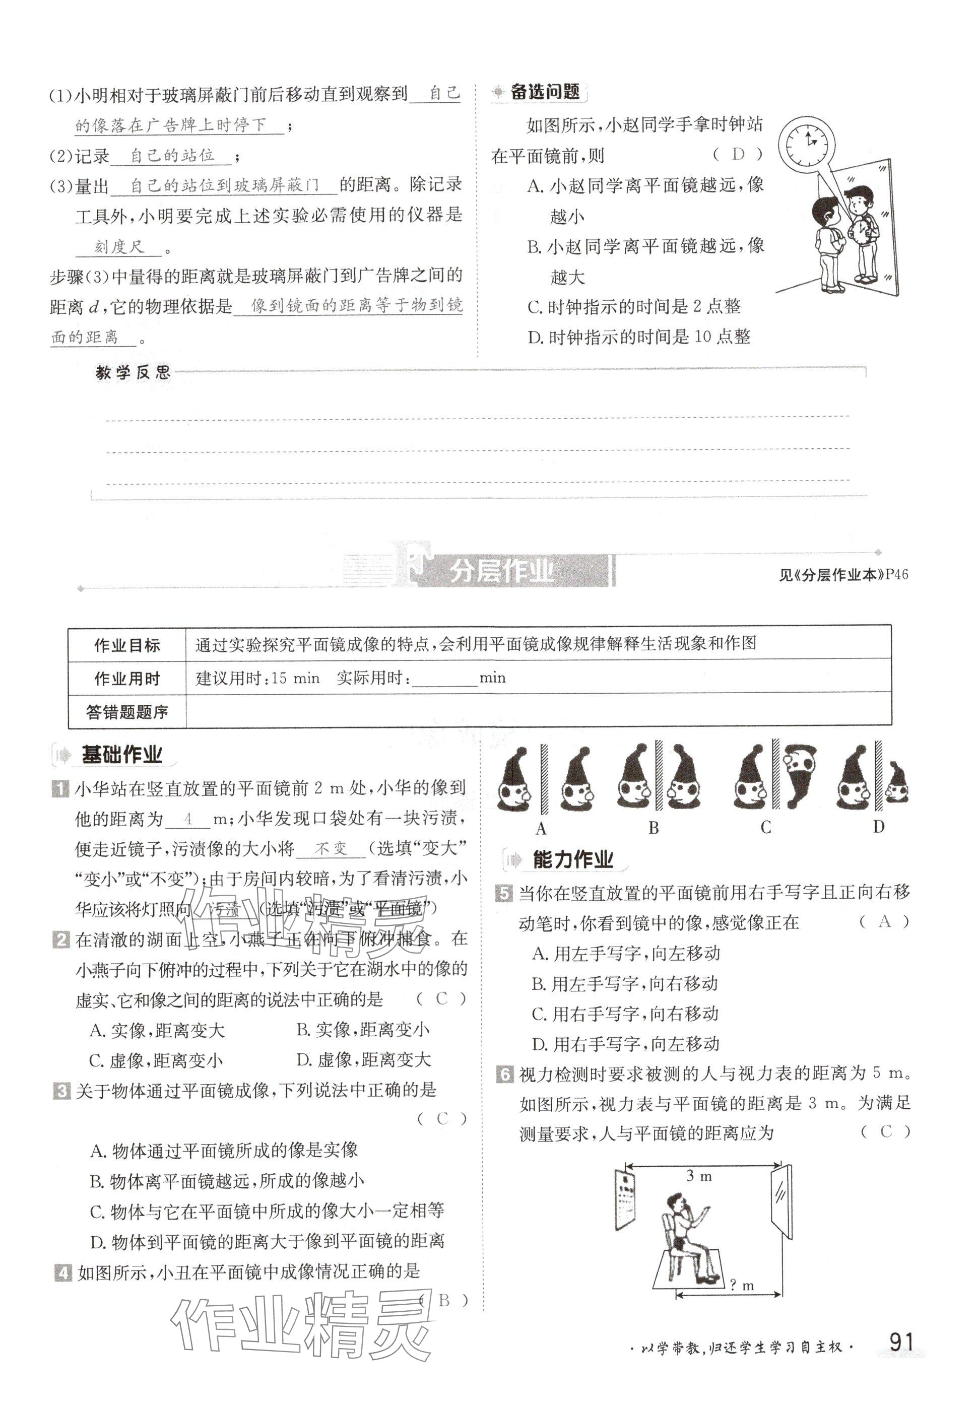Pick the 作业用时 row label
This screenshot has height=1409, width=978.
(127, 678)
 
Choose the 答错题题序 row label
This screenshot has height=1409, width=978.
(127, 712)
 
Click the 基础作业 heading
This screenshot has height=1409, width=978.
(121, 755)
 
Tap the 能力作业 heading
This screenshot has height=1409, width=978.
(572, 860)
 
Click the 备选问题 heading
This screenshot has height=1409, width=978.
(545, 93)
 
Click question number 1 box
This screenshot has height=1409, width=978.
(60, 788)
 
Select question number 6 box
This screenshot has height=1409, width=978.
(504, 1075)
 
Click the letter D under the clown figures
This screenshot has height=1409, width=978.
(878, 827)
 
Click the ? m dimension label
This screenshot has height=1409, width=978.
(742, 1285)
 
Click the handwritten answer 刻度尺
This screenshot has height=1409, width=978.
(119, 247)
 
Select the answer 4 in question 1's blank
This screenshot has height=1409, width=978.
(188, 819)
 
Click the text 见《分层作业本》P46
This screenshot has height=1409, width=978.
(843, 575)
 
